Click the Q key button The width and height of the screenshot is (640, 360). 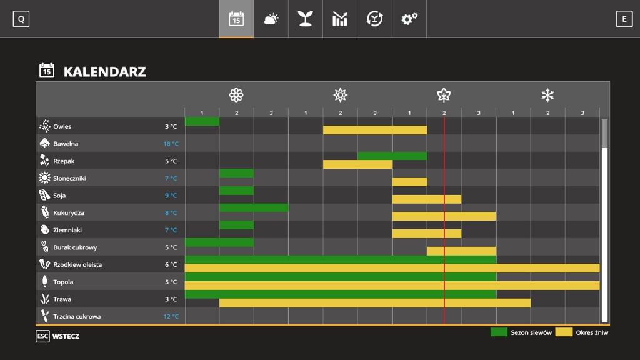coord(21,19)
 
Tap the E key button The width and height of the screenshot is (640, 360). coord(624,19)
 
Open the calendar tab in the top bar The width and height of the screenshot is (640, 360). coord(236,19)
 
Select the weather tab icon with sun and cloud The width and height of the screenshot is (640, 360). coord(271,19)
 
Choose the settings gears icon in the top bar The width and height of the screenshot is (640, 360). coord(409,19)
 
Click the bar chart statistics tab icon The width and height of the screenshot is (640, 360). coord(339,19)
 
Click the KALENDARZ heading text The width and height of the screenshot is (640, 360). coord(104,71)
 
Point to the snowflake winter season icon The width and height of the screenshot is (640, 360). coord(547,95)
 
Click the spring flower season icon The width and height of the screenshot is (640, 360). coord(236,95)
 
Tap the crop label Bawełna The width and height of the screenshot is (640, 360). coord(66,144)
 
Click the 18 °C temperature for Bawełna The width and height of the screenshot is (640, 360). coord(171,144)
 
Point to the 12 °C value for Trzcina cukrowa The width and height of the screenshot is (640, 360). coord(171,316)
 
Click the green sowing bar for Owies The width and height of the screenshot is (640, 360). coord(202,121)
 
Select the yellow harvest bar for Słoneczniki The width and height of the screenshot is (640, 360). coord(409,182)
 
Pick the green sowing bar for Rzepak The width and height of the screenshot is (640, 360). coord(392,156)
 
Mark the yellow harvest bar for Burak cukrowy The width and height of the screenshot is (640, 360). coord(461,251)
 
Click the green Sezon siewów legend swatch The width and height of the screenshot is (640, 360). coord(499,332)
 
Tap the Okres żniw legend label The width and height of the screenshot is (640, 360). coord(591,332)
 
